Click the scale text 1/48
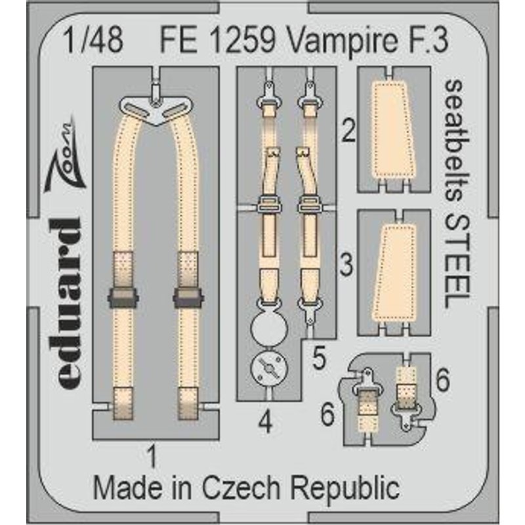click(94, 41)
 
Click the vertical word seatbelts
click(457, 140)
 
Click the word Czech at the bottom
click(241, 488)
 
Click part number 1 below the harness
click(152, 457)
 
